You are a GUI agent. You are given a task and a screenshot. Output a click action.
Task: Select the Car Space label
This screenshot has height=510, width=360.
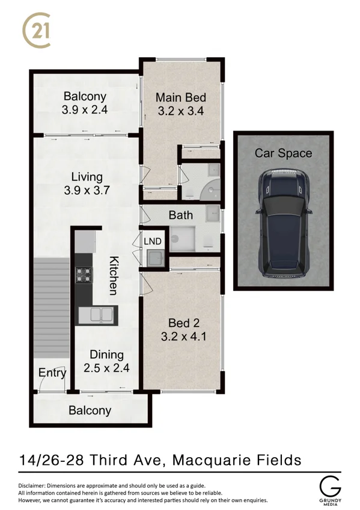(x=283, y=153)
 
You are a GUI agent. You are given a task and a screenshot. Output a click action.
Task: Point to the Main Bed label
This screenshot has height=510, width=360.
(x=181, y=98)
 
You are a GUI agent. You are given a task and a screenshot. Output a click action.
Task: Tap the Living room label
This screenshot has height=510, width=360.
(x=87, y=177)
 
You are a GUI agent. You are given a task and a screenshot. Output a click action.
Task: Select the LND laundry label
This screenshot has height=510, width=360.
(x=153, y=241)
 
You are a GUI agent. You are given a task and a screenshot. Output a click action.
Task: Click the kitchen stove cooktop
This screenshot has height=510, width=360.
(x=84, y=275)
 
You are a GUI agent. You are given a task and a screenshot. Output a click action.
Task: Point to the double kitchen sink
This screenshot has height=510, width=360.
(x=97, y=315)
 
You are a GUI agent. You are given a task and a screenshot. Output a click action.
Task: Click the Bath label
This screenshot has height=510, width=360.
(x=180, y=215)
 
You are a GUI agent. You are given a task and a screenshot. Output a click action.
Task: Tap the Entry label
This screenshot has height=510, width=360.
(x=52, y=373)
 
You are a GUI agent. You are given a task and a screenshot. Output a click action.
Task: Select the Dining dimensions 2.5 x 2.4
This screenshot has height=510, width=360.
(x=106, y=368)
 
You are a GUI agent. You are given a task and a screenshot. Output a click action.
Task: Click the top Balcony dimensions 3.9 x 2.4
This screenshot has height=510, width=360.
(x=84, y=110)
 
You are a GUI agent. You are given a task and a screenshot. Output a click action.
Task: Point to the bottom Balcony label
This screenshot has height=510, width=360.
(x=90, y=411)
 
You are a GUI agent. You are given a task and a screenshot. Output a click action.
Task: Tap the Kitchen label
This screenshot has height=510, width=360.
(x=113, y=275)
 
